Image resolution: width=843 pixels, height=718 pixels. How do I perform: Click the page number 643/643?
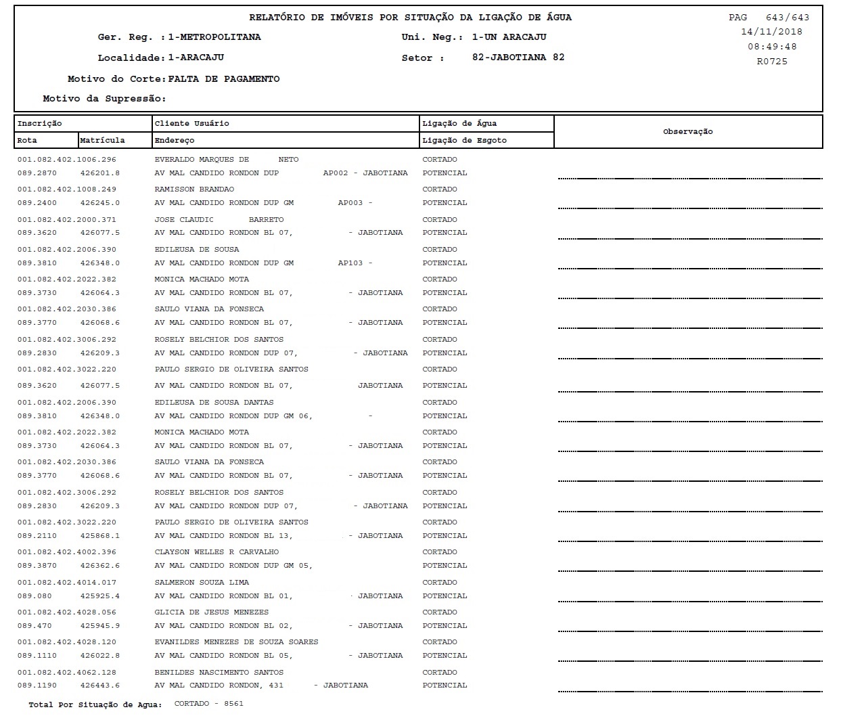coord(787,18)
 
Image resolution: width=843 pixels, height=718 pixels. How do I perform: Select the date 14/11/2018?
coord(771,32)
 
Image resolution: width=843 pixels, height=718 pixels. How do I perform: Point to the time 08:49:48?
coord(772,47)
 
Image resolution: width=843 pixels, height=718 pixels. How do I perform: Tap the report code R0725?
coord(772,62)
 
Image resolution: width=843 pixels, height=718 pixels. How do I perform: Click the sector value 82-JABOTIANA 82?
coord(518,58)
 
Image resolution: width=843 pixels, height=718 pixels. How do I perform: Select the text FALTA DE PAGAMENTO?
coord(223,79)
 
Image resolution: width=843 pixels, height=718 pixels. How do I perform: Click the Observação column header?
coord(687,131)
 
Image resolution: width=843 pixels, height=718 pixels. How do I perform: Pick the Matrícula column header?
coord(102,140)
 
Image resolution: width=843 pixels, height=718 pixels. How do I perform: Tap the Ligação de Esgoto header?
coord(464,140)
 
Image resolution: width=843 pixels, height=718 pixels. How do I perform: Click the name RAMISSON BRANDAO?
coord(194,189)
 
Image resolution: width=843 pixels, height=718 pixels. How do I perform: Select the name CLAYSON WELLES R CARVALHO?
coord(217,552)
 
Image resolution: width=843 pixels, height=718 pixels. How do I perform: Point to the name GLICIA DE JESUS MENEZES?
coord(202,612)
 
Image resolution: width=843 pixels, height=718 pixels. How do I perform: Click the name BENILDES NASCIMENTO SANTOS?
coord(219,673)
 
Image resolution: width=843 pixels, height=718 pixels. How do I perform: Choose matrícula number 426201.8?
coord(99,173)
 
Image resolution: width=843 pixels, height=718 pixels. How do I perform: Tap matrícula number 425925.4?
coord(99,596)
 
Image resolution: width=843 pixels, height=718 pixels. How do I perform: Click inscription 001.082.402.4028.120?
coord(66,642)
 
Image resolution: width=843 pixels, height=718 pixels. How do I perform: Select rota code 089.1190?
coord(37,686)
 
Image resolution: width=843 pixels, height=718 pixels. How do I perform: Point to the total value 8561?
coord(233,704)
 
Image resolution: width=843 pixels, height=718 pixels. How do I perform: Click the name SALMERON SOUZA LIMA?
coord(202,583)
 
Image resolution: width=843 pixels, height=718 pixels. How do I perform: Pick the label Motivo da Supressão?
coord(104,99)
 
